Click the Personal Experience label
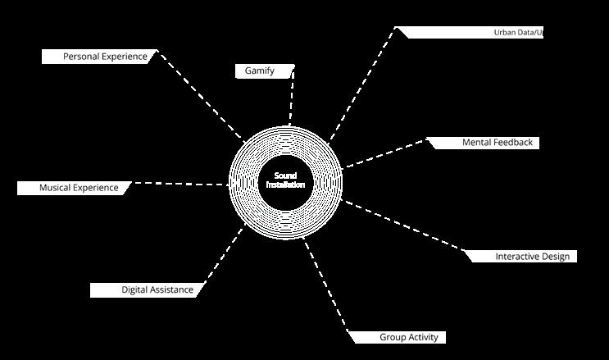(x=105, y=57)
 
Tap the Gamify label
(x=260, y=71)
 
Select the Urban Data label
(x=518, y=33)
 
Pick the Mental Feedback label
(x=497, y=143)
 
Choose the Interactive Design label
(x=531, y=257)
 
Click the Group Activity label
(x=408, y=337)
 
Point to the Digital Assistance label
(x=157, y=289)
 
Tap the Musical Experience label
(x=79, y=188)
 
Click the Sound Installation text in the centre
(x=285, y=180)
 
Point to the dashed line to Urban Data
(x=363, y=84)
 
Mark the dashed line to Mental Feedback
(x=385, y=153)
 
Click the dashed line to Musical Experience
(x=180, y=184)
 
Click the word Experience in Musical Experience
(x=96, y=188)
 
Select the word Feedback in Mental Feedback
(x=513, y=143)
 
